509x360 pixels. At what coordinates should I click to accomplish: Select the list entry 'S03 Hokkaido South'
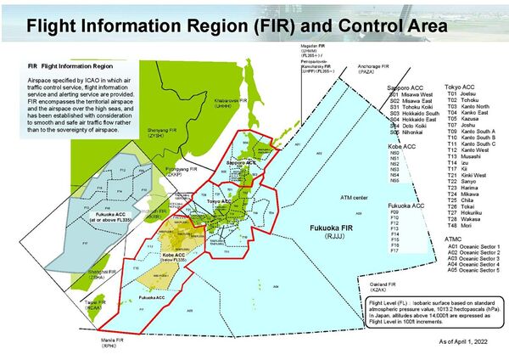[411, 114]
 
